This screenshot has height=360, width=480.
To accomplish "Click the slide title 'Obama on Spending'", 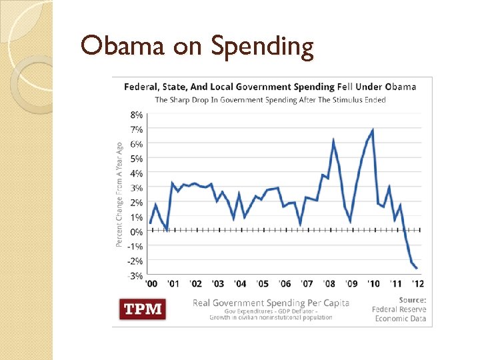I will tap(197, 47).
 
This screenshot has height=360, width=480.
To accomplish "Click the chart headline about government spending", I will tap(270, 87).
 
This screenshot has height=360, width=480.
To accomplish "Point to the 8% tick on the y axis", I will tap(135, 115).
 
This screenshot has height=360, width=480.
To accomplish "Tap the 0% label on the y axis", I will tap(135, 231).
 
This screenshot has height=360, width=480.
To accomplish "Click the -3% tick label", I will tap(135, 275).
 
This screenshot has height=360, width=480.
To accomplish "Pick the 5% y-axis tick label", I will tap(135, 159).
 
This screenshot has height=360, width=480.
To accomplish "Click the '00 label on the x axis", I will tap(152, 283).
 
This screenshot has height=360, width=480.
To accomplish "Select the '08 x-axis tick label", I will tap(329, 283).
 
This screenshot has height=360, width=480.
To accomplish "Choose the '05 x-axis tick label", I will tap(263, 283).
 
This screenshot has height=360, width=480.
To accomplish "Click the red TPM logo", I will tap(142, 309).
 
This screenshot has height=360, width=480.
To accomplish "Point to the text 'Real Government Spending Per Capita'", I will tap(271, 303).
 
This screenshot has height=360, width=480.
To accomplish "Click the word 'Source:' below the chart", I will tap(413, 299).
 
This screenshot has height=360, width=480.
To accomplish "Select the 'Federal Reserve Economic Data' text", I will tap(399, 313).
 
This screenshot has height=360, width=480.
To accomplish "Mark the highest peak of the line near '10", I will tap(372, 130).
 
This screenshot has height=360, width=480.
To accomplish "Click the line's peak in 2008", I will tap(333, 140).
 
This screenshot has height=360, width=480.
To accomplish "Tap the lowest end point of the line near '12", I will tap(417, 268).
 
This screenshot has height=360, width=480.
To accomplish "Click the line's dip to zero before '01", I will tap(167, 230).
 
